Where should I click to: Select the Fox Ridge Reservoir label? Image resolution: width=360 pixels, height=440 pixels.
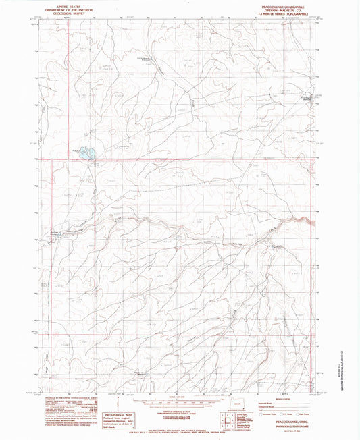pos(290,98)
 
